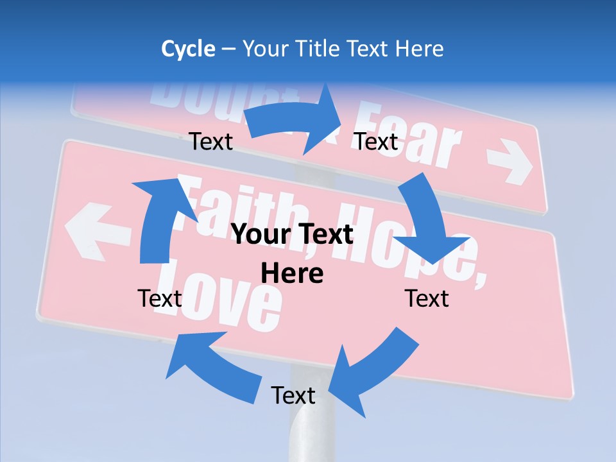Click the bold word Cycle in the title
[188, 49]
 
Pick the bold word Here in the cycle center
[292, 273]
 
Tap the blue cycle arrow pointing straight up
[158, 218]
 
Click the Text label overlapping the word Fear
[377, 141]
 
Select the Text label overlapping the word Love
[160, 298]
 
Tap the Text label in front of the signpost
[293, 395]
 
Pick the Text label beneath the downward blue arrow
[427, 298]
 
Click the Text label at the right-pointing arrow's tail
[211, 141]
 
